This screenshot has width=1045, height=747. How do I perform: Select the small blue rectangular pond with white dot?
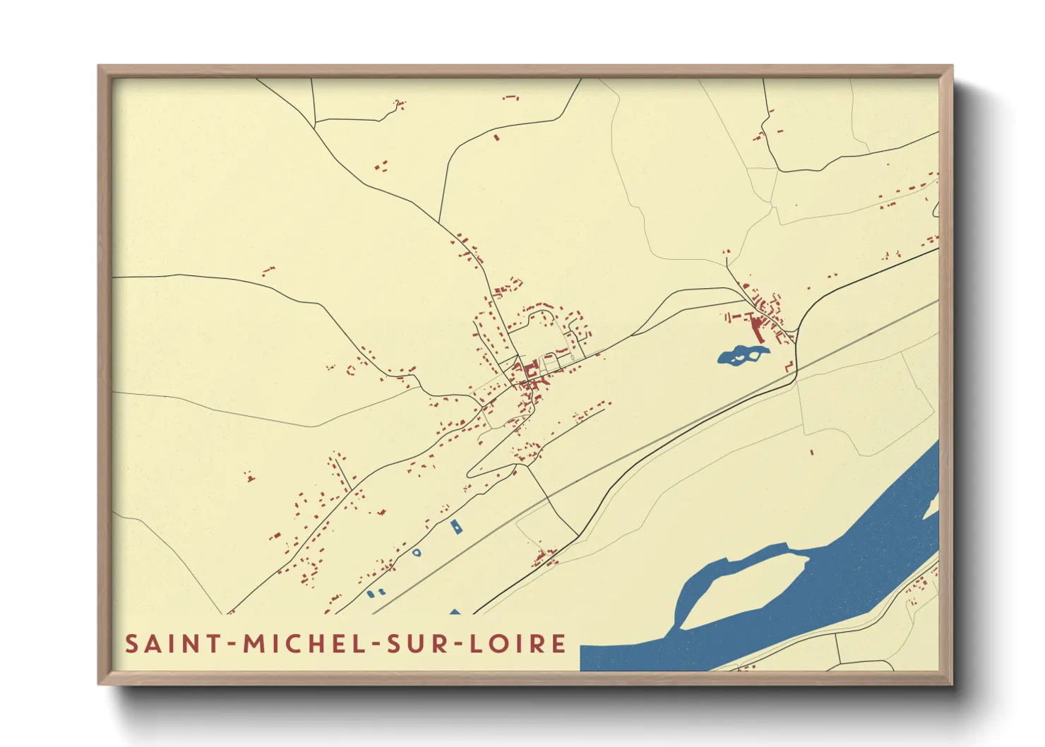click(457, 526)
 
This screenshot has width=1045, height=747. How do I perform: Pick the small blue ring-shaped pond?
click(417, 552)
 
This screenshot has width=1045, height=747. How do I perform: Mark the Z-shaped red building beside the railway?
click(789, 366)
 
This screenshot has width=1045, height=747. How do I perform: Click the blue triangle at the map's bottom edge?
click(455, 611)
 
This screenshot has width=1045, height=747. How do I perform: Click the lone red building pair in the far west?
click(249, 477)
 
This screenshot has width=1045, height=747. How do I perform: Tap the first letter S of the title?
click(131, 644)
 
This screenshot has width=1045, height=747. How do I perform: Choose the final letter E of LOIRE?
click(559, 644)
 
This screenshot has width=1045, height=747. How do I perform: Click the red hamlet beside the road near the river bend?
click(544, 558)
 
